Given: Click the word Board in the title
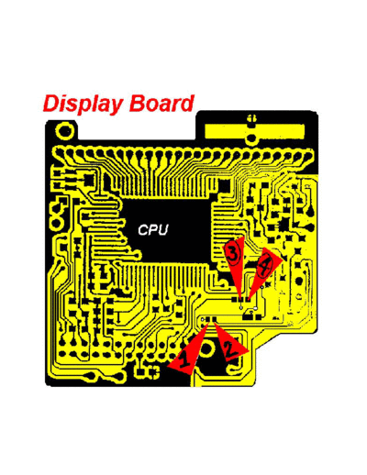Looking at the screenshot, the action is click(x=161, y=103).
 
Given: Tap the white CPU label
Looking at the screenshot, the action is click(x=153, y=230).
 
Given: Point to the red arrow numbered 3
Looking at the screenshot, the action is click(x=235, y=263).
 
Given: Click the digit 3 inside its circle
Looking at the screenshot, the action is click(x=233, y=254).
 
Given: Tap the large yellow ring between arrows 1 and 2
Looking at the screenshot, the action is click(x=207, y=348).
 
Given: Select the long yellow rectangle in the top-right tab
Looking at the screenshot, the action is click(x=254, y=131).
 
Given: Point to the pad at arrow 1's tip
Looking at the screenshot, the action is click(x=208, y=319).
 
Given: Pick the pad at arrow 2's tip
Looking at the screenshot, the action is click(x=214, y=319).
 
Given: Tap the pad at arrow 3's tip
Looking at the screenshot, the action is click(x=239, y=299).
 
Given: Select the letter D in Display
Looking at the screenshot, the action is click(x=51, y=104).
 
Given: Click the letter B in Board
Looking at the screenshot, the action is click(x=137, y=104).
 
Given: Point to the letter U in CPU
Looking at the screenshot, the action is click(x=163, y=230).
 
